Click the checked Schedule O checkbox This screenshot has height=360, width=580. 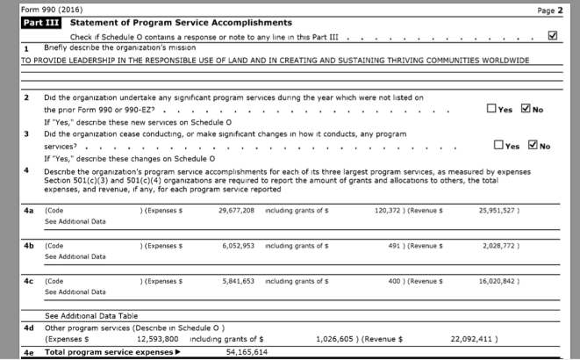pos(552,37)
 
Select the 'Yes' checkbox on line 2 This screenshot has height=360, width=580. pos(490,109)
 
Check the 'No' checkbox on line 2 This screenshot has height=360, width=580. pos(526,109)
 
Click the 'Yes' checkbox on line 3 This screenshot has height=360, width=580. pos(499,147)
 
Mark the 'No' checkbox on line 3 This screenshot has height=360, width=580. pos(533,147)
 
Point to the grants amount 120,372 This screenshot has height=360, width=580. pos(392,211)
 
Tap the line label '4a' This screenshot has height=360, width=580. pos(29,211)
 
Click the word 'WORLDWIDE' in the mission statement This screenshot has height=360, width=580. pos(508,61)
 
